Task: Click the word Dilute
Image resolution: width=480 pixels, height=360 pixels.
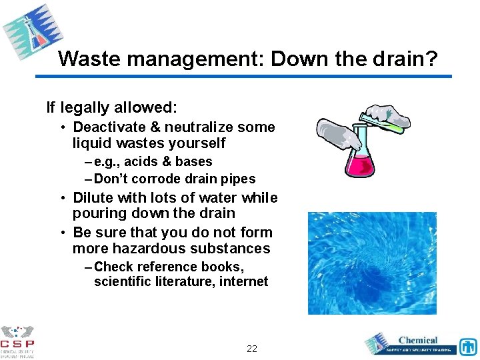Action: pyautogui.click(x=93, y=198)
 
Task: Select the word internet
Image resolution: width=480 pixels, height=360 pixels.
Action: pyautogui.click(x=243, y=282)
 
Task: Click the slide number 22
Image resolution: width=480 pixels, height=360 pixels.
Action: pyautogui.click(x=252, y=349)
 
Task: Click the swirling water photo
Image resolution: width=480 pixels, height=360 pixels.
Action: pyautogui.click(x=371, y=263)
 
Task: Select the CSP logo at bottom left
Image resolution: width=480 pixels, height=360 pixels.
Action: pyautogui.click(x=18, y=341)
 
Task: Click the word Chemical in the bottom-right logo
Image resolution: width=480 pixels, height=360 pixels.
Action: pyautogui.click(x=418, y=340)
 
